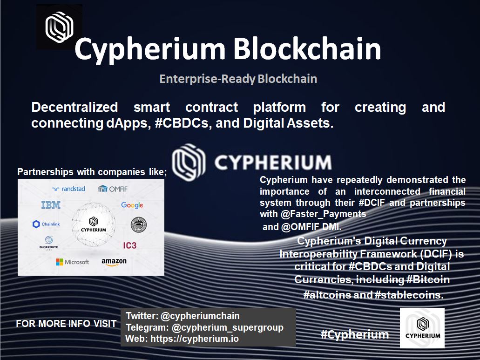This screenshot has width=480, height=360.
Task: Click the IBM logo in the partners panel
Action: click(x=51, y=205)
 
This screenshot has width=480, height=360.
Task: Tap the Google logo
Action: click(x=132, y=205)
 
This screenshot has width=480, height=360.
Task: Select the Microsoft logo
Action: click(x=72, y=262)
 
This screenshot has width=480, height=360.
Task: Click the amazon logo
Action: click(x=114, y=262)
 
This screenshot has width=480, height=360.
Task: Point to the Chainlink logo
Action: click(x=46, y=224)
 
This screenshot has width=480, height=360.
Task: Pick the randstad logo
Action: click(x=68, y=189)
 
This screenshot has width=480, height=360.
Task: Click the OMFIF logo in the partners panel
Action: click(x=112, y=189)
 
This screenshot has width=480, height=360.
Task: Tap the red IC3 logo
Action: click(x=130, y=245)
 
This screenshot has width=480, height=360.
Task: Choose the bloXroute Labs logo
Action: click(x=49, y=243)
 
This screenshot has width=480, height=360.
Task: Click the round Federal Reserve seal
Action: click(x=139, y=224)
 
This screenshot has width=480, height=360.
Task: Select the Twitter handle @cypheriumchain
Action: click(x=200, y=316)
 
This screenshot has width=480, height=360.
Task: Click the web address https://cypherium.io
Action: click(x=195, y=339)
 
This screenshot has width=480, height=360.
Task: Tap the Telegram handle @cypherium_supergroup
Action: click(x=228, y=327)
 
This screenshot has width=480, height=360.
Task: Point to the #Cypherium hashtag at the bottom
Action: click(x=354, y=334)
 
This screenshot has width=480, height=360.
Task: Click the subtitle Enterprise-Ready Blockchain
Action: click(x=238, y=79)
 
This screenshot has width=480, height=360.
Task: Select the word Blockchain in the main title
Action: click(x=307, y=49)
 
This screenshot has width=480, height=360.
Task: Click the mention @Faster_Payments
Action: click(x=323, y=214)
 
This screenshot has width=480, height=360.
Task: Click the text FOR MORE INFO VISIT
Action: click(x=66, y=324)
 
